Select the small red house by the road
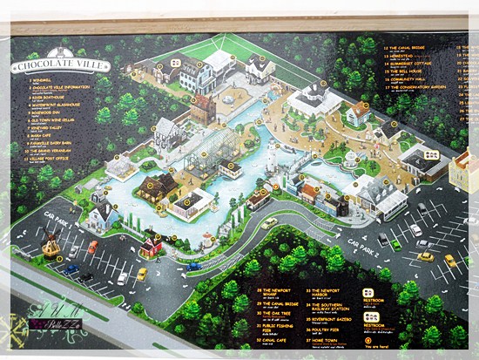152,247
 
